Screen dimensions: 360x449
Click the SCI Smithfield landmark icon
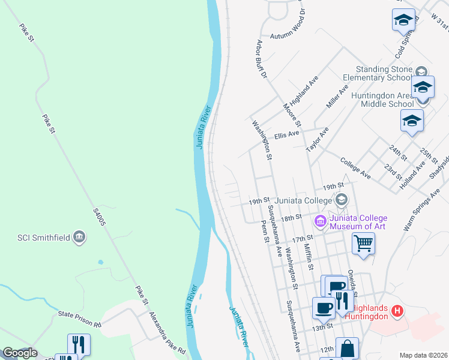click(79, 237)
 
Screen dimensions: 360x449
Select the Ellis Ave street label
click(286, 136)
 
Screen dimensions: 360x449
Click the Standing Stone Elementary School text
click(381, 73)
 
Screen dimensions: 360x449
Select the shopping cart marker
click(363, 244)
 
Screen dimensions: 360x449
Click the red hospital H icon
click(396, 311)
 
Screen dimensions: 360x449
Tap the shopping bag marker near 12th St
click(347, 348)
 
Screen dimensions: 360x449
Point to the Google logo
click(20, 353)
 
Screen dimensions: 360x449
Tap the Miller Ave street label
click(337, 97)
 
